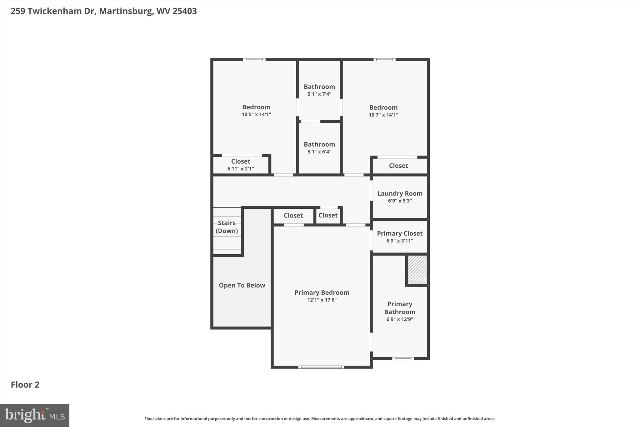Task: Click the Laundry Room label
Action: (x=400, y=194)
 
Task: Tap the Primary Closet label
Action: (x=400, y=233)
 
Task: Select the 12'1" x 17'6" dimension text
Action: (x=322, y=300)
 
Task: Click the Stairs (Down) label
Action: (x=227, y=227)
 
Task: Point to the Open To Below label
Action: (x=242, y=285)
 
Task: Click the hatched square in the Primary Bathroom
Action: (x=417, y=270)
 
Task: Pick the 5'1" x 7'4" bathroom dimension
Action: (x=319, y=94)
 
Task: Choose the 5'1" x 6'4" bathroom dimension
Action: (x=319, y=152)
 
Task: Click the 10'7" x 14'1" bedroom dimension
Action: (x=383, y=115)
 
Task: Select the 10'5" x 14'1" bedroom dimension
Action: (x=256, y=114)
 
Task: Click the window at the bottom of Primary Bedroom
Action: (x=321, y=367)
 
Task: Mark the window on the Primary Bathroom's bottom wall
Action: (x=403, y=358)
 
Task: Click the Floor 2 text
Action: (x=25, y=385)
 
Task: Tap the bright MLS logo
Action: (x=35, y=415)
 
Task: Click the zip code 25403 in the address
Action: (x=184, y=11)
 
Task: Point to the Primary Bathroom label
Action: (x=400, y=308)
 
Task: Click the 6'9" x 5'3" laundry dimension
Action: (x=400, y=201)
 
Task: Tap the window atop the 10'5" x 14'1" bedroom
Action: (x=254, y=59)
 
